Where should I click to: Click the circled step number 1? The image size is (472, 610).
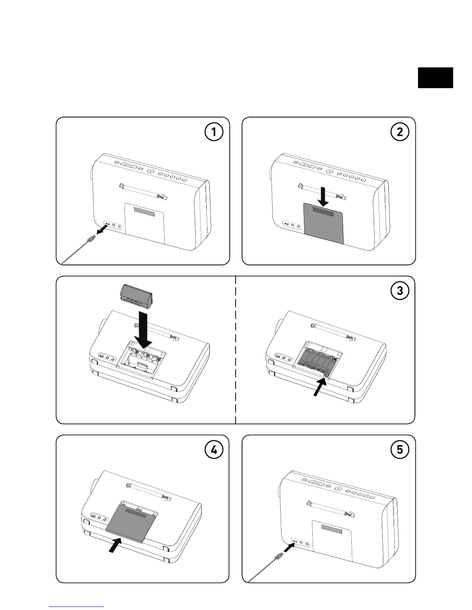coord(213,132)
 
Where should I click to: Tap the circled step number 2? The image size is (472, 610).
coord(400,132)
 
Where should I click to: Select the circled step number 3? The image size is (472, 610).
coord(400,291)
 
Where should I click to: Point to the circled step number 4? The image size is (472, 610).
coord(213,450)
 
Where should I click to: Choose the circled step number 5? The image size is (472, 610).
coord(400,450)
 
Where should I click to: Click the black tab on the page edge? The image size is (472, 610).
coord(435,78)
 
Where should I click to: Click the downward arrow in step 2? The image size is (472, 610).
coord(324,196)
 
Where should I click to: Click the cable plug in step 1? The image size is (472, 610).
coord(91,239)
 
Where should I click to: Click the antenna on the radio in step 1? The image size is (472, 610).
coord(143,191)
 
